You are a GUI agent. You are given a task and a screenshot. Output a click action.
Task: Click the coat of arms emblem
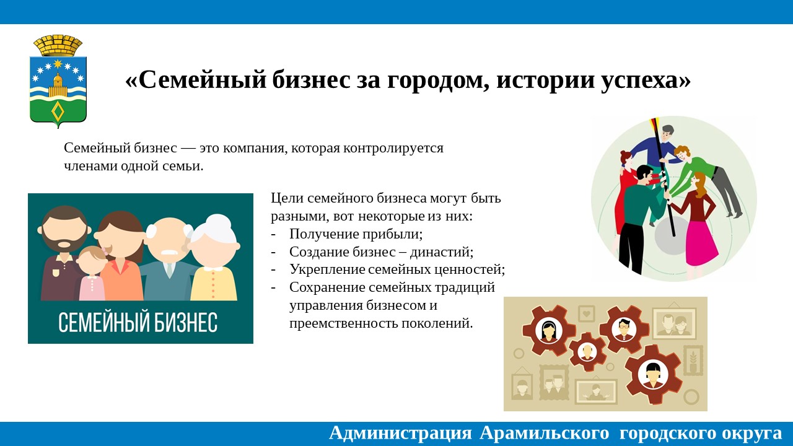coord(58,81)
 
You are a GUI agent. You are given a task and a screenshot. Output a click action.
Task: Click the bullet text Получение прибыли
coord(356,234)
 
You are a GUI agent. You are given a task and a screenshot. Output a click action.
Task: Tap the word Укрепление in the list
coord(327,269)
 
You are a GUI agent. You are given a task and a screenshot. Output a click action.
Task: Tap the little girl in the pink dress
coord(91,273)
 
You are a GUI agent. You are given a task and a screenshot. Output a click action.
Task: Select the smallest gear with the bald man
coord(587,352)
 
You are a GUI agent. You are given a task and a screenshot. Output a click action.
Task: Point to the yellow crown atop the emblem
coord(58,45)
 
